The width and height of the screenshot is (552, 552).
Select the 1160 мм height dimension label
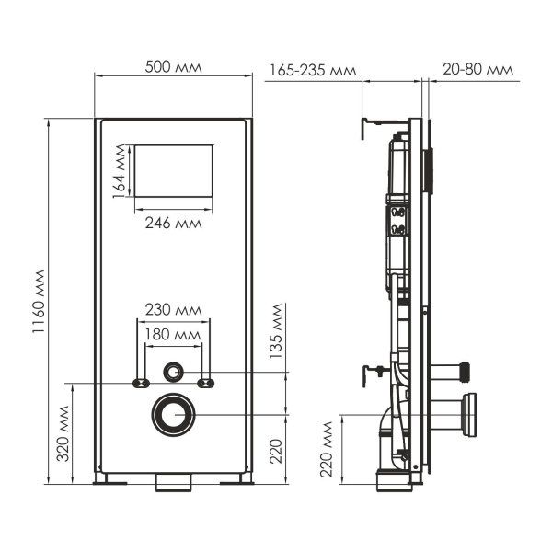tap(39, 303)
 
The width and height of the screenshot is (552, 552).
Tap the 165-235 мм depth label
tap(314, 70)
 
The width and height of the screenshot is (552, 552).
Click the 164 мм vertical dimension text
tap(119, 170)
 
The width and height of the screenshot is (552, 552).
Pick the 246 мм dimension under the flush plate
tap(174, 223)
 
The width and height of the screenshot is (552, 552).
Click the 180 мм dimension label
tap(174, 333)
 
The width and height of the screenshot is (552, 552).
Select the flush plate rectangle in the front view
tap(174, 169)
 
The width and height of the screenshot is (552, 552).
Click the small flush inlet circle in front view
tap(173, 373)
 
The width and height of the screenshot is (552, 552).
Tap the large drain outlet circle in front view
tap(173, 415)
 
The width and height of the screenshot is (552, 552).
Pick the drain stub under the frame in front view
tap(173, 481)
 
